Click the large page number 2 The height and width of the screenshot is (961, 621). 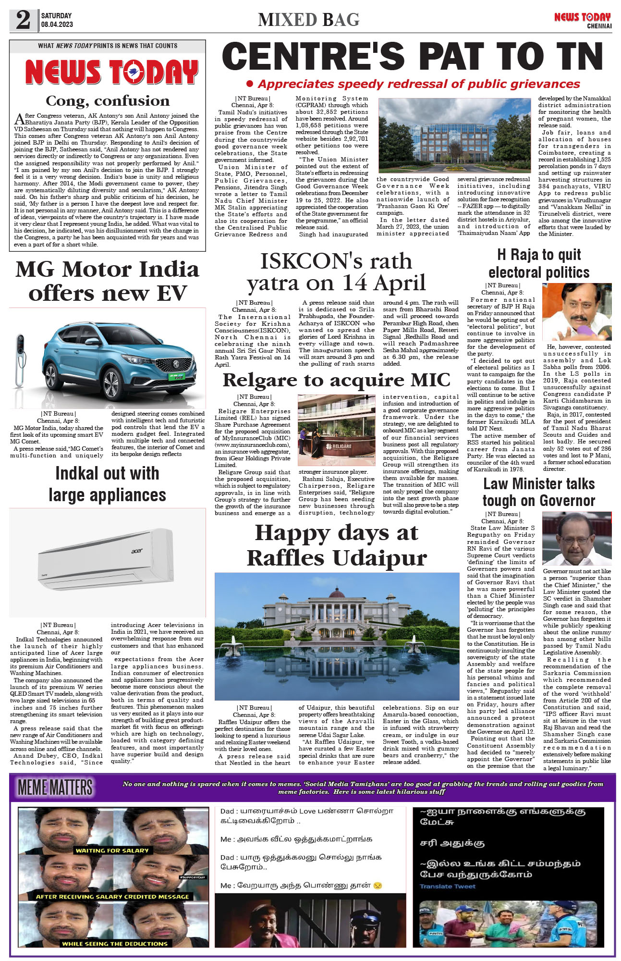23,21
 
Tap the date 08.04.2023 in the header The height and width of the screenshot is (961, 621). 57,25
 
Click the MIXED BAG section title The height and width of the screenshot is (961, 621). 309,20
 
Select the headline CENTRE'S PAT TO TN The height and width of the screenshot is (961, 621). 412,57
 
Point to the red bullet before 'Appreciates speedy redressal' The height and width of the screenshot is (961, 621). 250,84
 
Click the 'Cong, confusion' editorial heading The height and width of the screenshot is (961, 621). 108,101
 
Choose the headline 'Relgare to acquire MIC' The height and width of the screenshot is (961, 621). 336,380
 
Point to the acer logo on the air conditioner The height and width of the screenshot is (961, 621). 137,551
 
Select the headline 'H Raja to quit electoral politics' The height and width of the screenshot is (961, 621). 539,263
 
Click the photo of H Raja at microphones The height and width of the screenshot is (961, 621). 576,312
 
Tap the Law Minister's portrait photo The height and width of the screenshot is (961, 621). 576,539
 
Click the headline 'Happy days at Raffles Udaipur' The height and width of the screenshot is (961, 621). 337,545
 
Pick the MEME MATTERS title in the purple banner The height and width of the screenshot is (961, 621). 55,788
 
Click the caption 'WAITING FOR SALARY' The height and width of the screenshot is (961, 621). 112,850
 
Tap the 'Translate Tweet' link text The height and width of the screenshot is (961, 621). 448,887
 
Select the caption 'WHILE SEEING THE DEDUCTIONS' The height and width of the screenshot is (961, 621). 115,944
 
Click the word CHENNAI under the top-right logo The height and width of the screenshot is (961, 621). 599,26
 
